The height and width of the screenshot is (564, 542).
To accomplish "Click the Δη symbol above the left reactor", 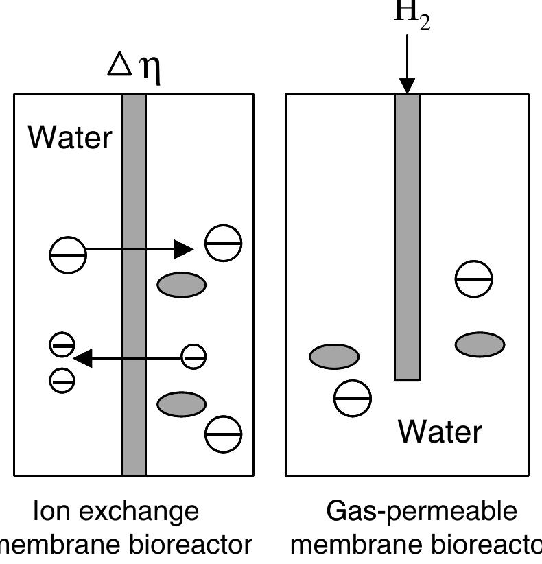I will pos(136,67).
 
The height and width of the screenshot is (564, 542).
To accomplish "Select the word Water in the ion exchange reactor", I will pos(69,137).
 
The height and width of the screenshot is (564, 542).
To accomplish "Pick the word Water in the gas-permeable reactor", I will pos(440,432).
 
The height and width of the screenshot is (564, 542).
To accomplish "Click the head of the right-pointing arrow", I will pos(184,249).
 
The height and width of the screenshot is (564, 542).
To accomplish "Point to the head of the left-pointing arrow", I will pos(83,357).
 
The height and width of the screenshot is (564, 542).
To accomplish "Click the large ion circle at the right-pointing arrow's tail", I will pos(68,255).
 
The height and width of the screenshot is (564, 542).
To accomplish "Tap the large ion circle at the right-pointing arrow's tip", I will pos(224,243).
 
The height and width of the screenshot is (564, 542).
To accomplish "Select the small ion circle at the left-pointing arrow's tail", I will pos(193,357).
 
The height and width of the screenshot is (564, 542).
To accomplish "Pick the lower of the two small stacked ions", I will pos(62,379).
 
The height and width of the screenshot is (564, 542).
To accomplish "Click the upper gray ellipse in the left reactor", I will pos(181,285).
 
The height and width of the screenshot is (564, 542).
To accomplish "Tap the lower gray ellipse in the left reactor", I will pos(181,404).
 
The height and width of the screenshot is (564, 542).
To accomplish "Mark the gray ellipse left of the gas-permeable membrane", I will pos(334,357).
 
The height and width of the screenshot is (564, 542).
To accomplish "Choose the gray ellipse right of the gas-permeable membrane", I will pos(480,344).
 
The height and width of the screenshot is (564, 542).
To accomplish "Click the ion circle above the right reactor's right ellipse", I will pos(474,279).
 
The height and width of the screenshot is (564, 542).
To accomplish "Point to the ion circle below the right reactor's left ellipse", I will pos(352,397).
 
